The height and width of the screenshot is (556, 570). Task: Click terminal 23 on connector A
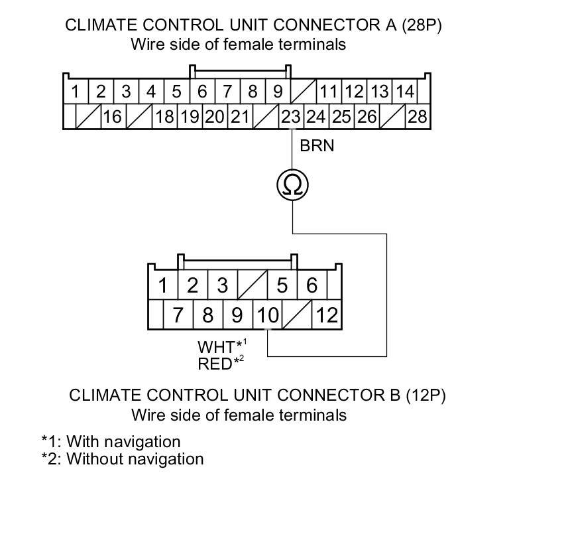291,117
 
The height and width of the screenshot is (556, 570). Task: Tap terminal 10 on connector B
267,314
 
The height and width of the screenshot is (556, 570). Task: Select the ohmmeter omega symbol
292,184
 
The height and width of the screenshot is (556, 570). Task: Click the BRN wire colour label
317,146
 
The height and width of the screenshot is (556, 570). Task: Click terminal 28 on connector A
417,117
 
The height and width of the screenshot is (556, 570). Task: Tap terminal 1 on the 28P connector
76,92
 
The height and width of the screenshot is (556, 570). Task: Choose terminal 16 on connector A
113,117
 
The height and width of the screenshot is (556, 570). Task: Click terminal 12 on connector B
327,314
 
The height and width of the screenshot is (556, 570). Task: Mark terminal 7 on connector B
178,314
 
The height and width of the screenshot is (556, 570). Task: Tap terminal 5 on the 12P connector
282,286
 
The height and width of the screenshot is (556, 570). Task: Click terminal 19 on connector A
190,117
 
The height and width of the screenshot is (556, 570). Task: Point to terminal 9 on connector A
278,92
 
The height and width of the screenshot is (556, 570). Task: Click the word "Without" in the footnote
93,458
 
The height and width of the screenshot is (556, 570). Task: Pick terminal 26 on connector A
366,117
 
